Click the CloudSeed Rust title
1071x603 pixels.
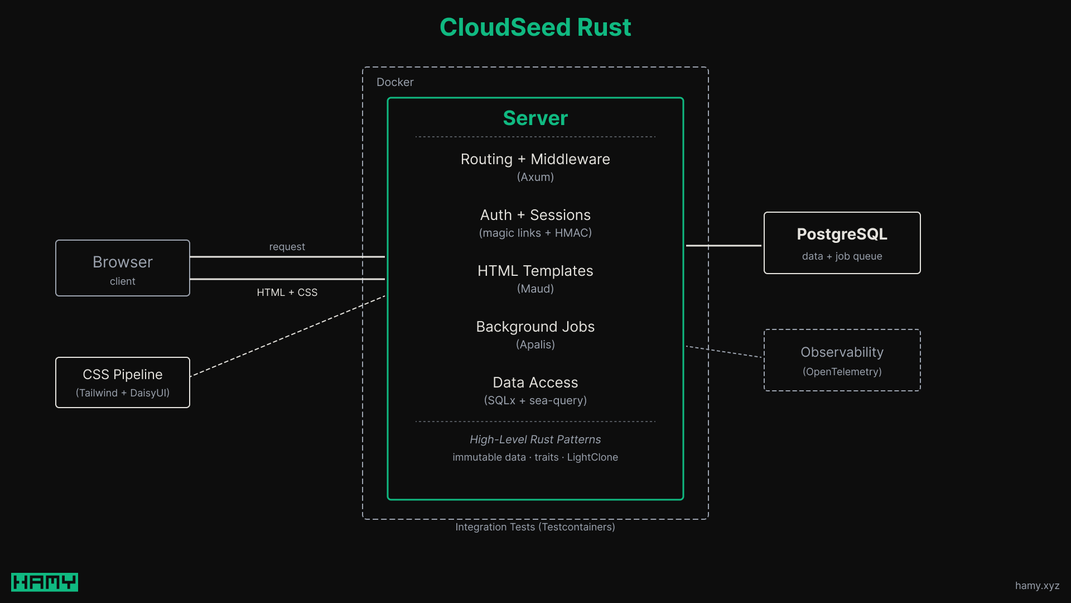tap(535, 27)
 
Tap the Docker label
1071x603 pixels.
tap(395, 82)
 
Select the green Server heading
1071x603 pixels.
tap(535, 118)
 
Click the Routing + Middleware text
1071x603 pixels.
tap(535, 159)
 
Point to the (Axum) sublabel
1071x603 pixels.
tap(535, 177)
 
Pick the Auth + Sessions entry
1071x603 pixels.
tap(535, 215)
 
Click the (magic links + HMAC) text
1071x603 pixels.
tap(535, 233)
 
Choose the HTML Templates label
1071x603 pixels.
tap(535, 271)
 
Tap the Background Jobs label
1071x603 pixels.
tap(535, 327)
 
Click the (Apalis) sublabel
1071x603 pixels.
tap(535, 344)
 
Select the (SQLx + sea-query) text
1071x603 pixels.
tap(535, 400)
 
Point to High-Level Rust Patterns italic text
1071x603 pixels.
tap(535, 439)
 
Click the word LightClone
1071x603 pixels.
tap(592, 457)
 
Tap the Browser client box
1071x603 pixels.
tap(123, 268)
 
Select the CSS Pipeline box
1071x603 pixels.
tap(123, 382)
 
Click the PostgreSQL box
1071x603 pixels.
tap(842, 243)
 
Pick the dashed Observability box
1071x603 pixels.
tap(842, 360)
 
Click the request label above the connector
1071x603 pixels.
tap(287, 247)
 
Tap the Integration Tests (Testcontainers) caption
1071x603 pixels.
tap(535, 527)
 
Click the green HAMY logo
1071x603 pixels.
tap(45, 582)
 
